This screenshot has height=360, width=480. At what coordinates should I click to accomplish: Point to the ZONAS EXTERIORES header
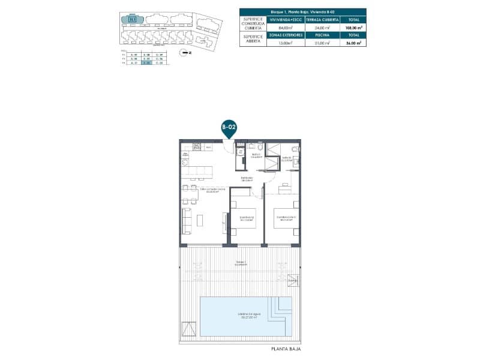(286, 35)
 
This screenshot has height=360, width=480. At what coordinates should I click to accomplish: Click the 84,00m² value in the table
(286, 27)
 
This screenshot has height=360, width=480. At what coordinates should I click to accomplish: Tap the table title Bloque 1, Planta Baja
(302, 11)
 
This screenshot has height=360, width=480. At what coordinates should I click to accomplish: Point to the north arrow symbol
(185, 52)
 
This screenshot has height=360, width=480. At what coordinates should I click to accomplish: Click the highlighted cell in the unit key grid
(145, 63)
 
